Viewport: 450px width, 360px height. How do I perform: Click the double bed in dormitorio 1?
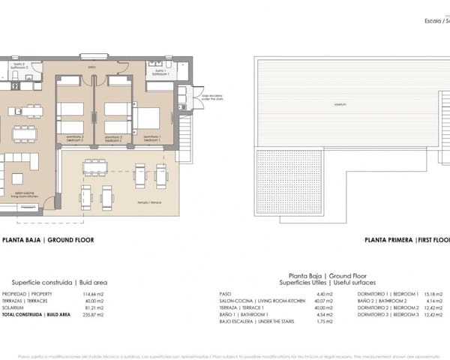click(148, 118)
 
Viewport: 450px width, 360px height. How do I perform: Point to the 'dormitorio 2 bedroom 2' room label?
click(113, 138)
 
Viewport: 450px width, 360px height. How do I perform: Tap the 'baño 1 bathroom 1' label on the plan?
click(158, 73)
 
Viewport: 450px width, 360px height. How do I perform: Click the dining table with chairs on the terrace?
click(95, 166)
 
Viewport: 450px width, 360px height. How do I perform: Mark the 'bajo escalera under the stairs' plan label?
click(206, 97)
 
